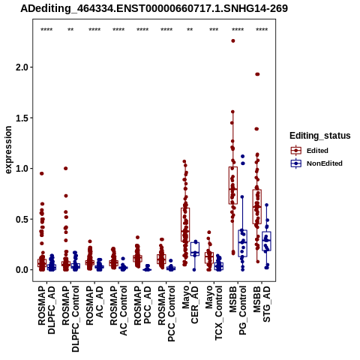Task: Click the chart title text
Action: pyautogui.click(x=154, y=8)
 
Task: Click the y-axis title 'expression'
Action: pyautogui.click(x=8, y=150)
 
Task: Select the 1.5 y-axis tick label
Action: pyautogui.click(x=22, y=118)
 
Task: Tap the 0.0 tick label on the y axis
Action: pyautogui.click(x=22, y=270)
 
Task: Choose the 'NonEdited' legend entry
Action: pyautogui.click(x=316, y=163)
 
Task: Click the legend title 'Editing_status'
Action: pyautogui.click(x=320, y=136)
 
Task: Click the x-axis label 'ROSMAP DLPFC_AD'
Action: pyautogui.click(x=46, y=310)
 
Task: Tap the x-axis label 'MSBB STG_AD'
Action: pyautogui.click(x=262, y=304)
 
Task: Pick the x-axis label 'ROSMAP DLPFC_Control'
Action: pyautogui.click(x=70, y=319)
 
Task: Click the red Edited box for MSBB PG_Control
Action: pyautogui.click(x=233, y=185)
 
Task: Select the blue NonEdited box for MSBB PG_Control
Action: pyautogui.click(x=242, y=243)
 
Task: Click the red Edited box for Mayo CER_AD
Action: pyautogui.click(x=185, y=224)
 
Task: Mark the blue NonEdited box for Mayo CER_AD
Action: pyautogui.click(x=195, y=249)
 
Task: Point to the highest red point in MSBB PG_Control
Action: pyautogui.click(x=233, y=40)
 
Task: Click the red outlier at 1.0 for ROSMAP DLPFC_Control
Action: pyautogui.click(x=66, y=168)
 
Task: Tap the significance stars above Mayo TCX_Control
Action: pyautogui.click(x=214, y=29)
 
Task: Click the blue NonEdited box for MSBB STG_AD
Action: pyautogui.click(x=266, y=241)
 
